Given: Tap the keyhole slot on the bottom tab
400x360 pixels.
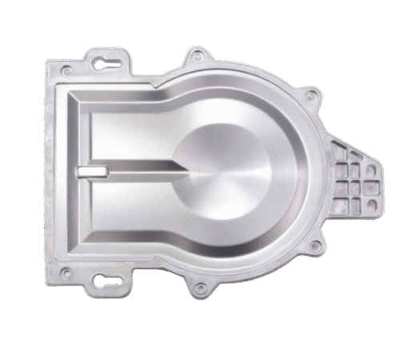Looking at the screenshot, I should click(x=104, y=280).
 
